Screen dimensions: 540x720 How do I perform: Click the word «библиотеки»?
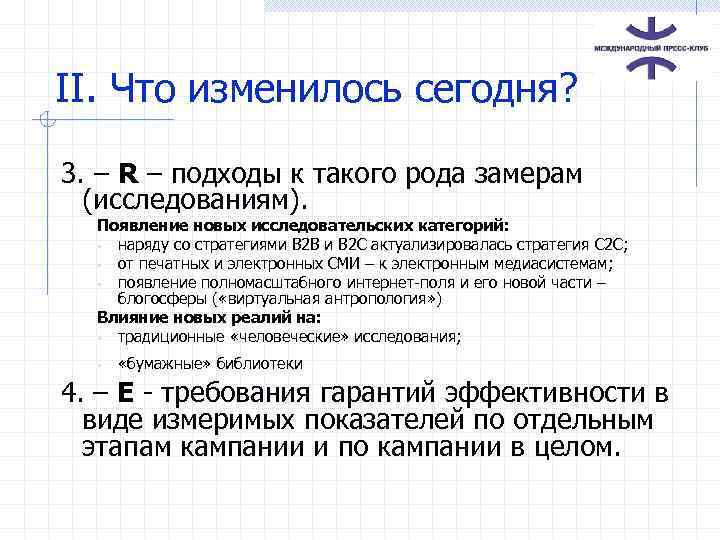point(260,364)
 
